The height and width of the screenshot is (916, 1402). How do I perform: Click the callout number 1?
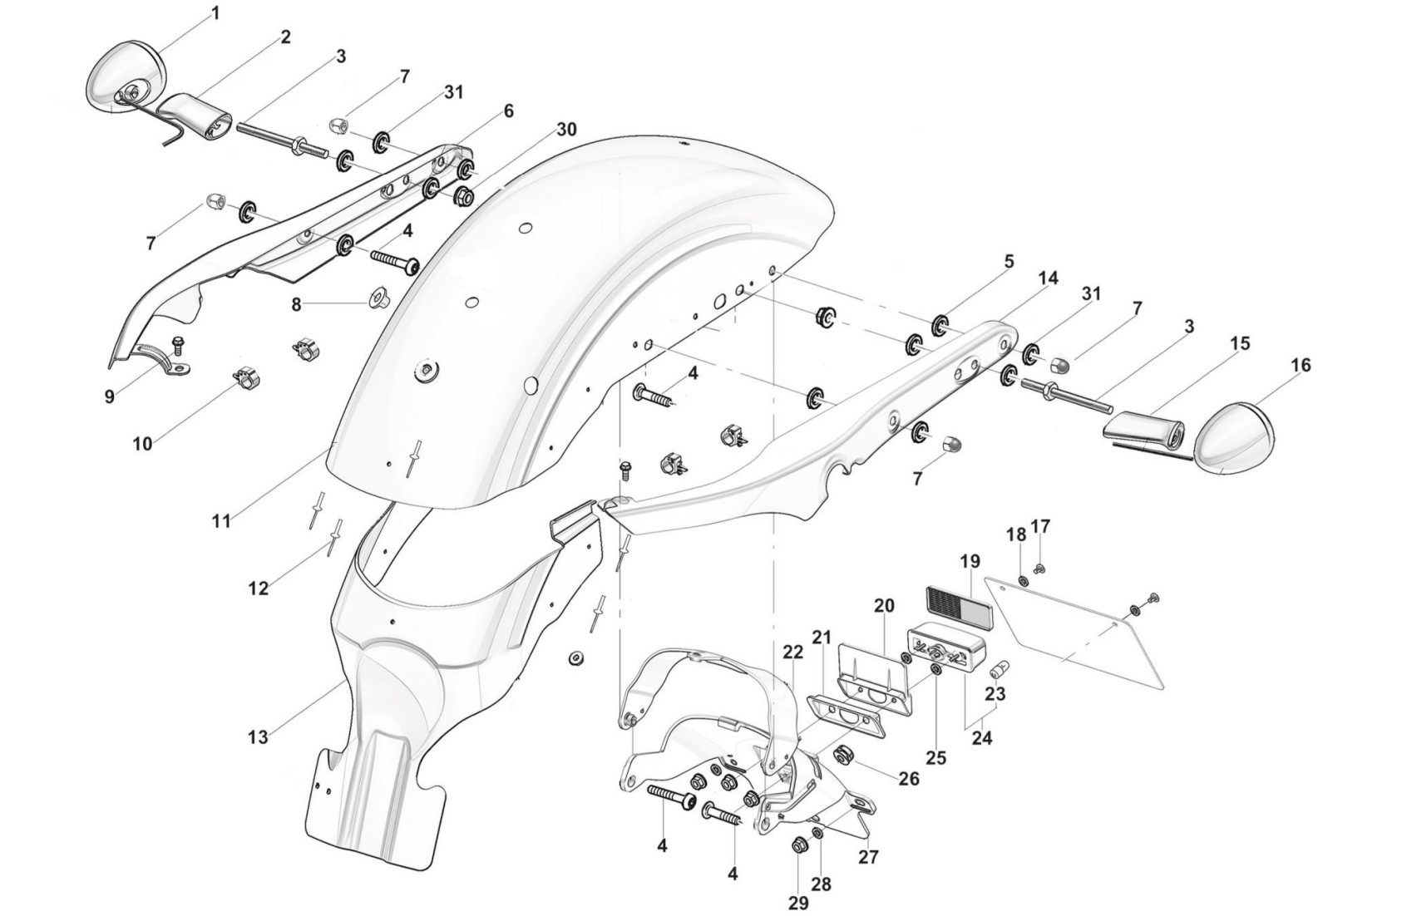click(215, 13)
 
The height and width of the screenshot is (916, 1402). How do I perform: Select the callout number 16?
click(1301, 366)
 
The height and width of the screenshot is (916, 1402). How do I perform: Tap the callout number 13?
click(258, 736)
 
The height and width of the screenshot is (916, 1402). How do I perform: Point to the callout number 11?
click(220, 521)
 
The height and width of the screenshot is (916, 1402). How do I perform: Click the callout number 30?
click(566, 130)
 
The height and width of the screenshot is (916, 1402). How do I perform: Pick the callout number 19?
click(970, 562)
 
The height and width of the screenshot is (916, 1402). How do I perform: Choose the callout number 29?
click(797, 903)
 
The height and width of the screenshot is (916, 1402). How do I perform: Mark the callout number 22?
click(792, 653)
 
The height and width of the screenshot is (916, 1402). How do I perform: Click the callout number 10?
click(142, 444)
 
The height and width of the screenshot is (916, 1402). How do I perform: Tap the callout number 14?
click(1049, 278)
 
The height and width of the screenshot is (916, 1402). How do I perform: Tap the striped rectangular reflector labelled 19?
click(954, 600)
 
